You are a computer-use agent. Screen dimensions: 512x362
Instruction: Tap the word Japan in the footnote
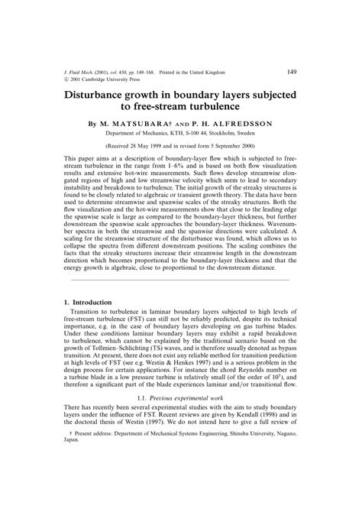(x=70, y=483)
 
